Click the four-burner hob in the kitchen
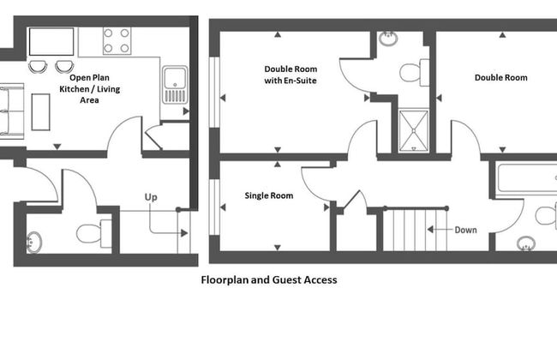pyautogui.click(x=117, y=41)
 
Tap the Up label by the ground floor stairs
pyautogui.click(x=151, y=198)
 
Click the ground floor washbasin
pyautogui.click(x=34, y=242)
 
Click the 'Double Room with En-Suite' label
pyautogui.click(x=291, y=75)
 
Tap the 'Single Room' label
pyautogui.click(x=268, y=196)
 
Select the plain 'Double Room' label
pyautogui.click(x=500, y=78)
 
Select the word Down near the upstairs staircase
pyautogui.click(x=465, y=230)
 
